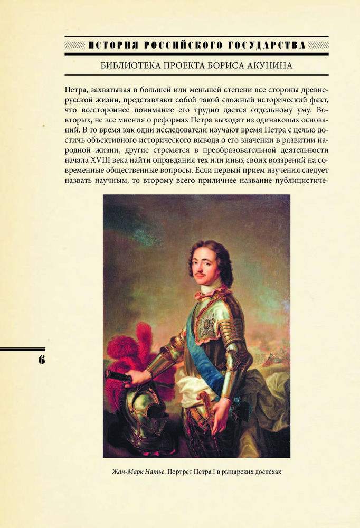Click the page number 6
pyautogui.click(x=41, y=360)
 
